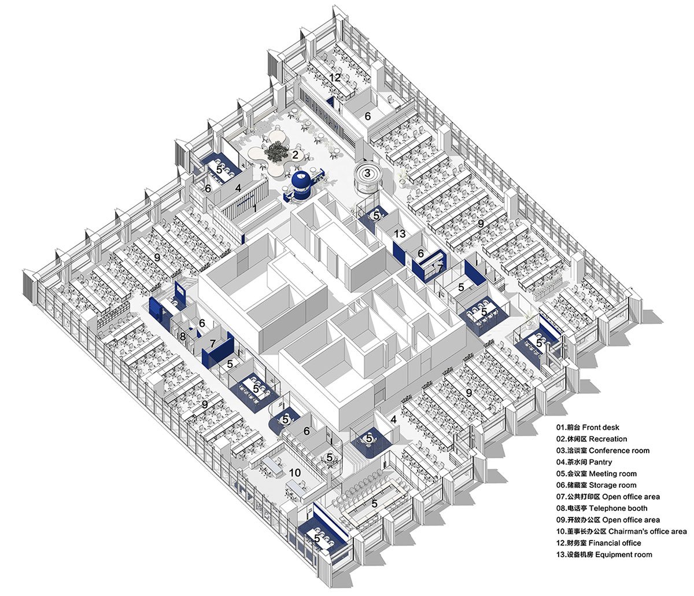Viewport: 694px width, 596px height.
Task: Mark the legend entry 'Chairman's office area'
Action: coord(622,531)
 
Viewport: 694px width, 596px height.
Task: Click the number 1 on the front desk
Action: coord(254,208)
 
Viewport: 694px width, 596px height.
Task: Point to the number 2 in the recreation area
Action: coord(295,154)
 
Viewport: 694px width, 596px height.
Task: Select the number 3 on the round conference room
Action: coord(367,172)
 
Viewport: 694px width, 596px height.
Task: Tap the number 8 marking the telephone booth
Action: coord(183,336)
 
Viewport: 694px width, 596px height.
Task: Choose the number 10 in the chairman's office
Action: coord(295,473)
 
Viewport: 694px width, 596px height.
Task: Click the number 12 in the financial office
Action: coord(335,77)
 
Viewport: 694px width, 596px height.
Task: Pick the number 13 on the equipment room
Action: coord(400,234)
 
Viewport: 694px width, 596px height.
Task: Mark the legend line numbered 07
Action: coord(608,496)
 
